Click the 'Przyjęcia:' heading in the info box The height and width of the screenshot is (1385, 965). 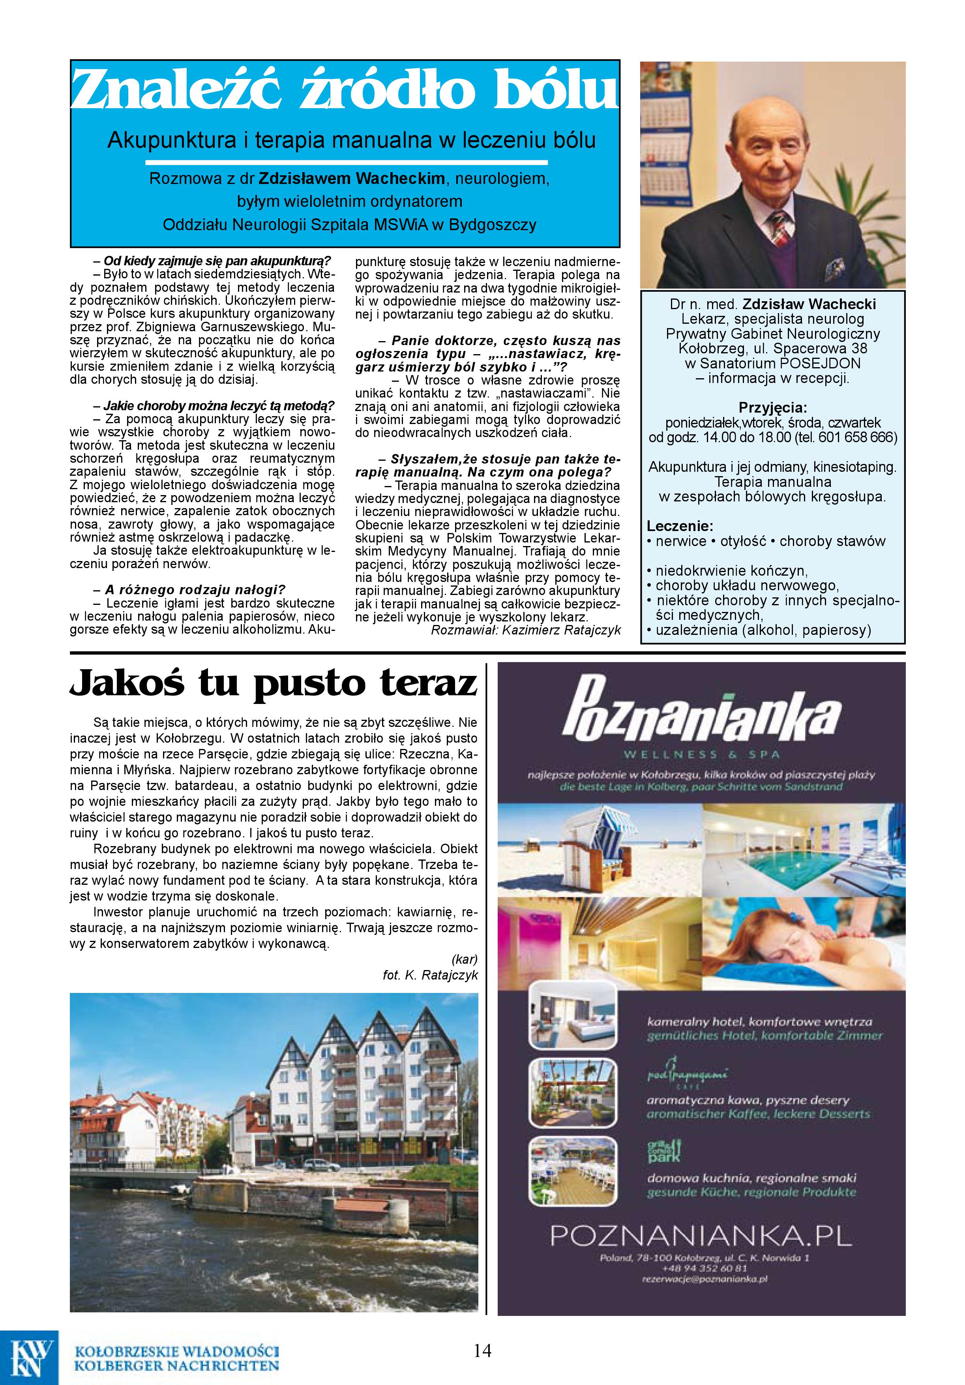pyautogui.click(x=773, y=408)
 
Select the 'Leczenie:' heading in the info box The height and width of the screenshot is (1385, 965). pyautogui.click(x=680, y=526)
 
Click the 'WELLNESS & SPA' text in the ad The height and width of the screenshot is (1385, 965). pyautogui.click(x=701, y=754)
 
